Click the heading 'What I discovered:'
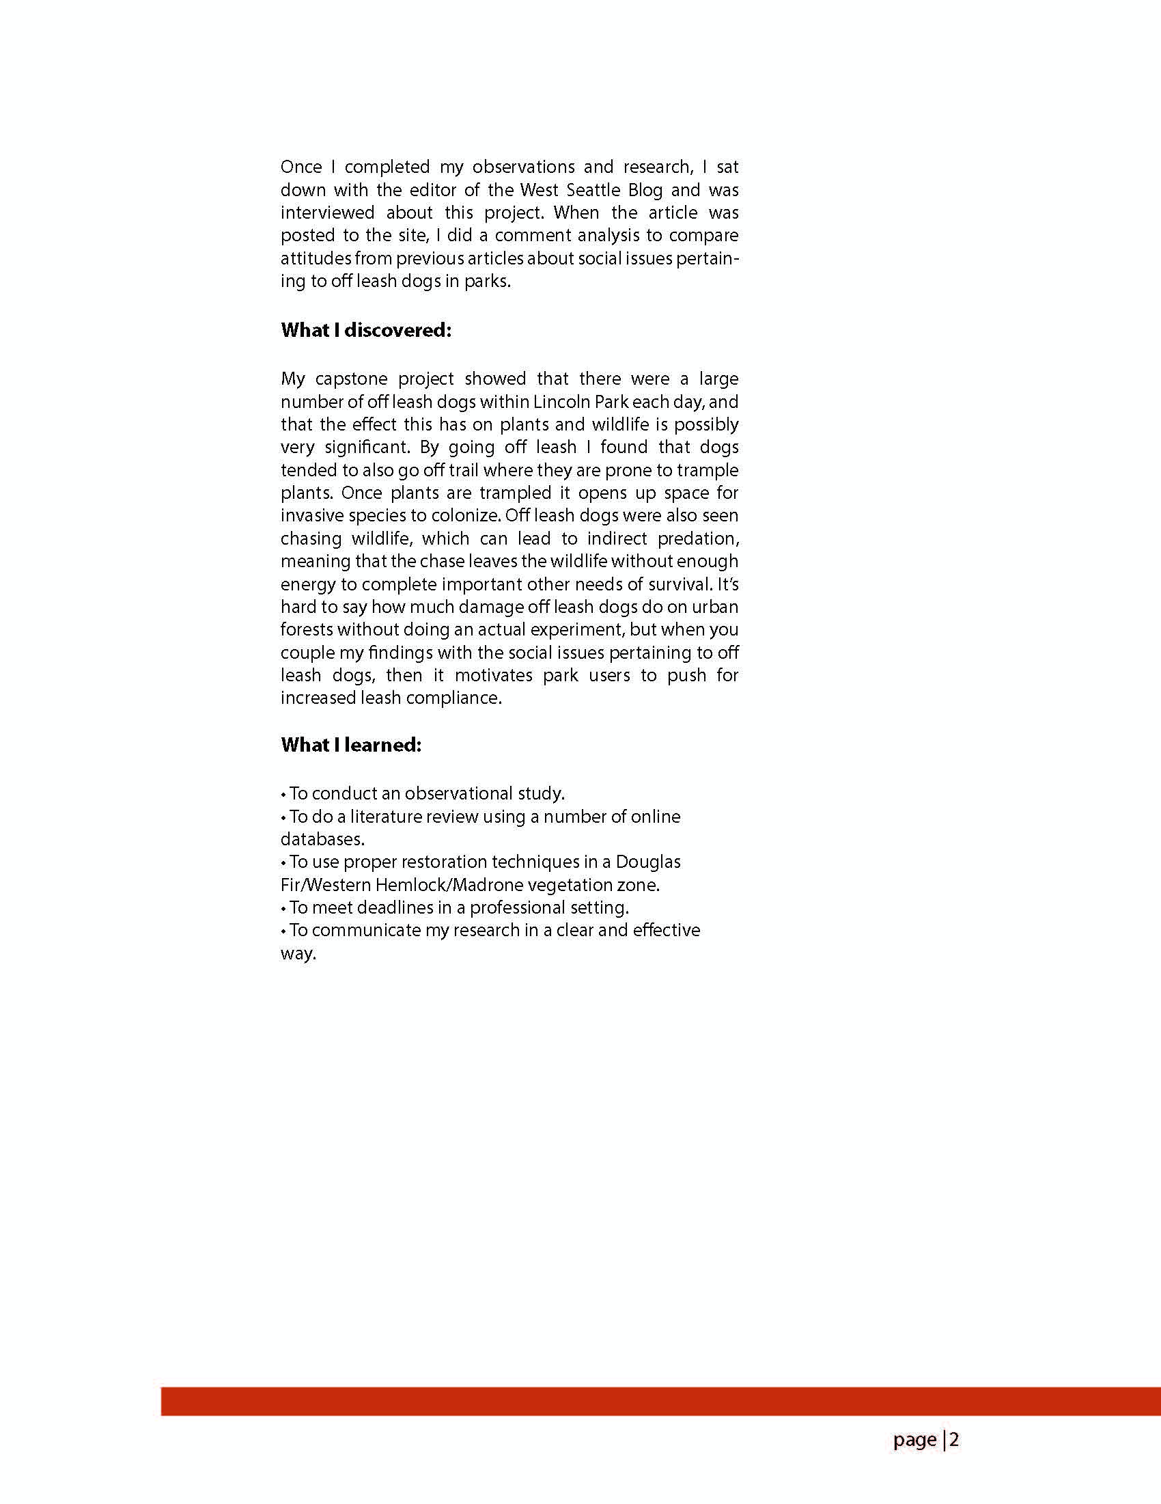click(365, 331)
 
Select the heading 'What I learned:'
click(350, 745)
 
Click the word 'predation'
click(697, 538)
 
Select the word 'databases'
click(322, 839)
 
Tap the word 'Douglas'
click(648, 862)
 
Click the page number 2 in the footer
click(954, 1440)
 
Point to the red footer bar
click(660, 1402)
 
